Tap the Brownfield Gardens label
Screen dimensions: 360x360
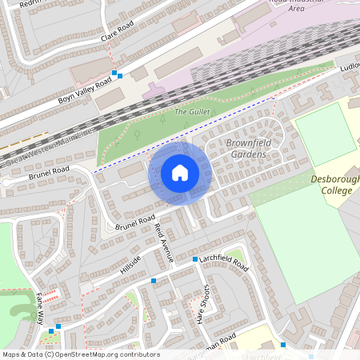[257, 148]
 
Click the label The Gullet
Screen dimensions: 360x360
[191, 112]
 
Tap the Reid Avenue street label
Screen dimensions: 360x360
[163, 243]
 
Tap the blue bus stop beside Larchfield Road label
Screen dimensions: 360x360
[194, 259]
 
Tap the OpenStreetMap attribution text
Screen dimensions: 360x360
[80, 354]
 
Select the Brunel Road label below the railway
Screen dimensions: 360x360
[50, 172]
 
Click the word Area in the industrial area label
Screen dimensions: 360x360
[296, 9]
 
